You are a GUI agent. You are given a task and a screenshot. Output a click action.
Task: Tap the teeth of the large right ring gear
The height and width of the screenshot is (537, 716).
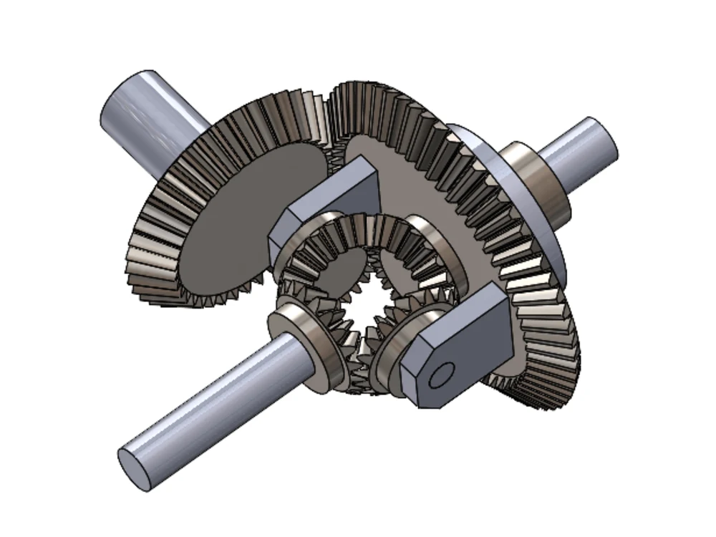[530, 286]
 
